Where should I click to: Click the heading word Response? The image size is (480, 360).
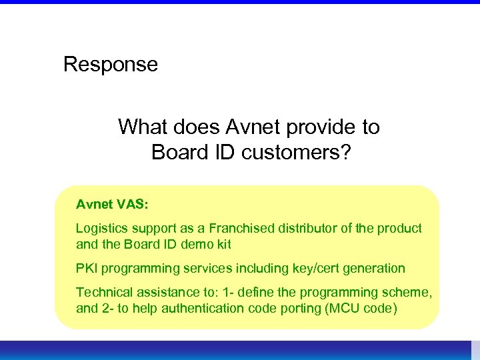pyautogui.click(x=111, y=65)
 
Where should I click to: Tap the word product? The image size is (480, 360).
pyautogui.click(x=400, y=228)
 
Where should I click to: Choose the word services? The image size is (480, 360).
pyautogui.click(x=203, y=268)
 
